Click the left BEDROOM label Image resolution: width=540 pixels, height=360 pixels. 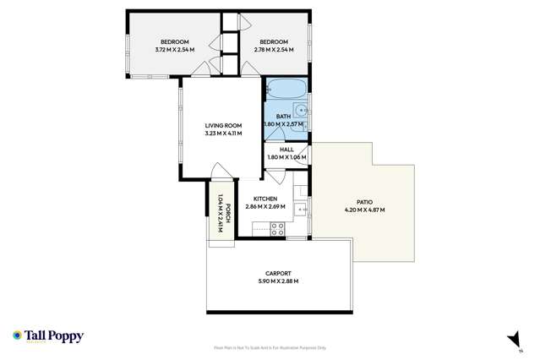[x=175, y=42]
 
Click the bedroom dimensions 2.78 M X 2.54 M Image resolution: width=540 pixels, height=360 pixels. [x=274, y=50]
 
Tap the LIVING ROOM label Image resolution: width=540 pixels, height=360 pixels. [x=223, y=125]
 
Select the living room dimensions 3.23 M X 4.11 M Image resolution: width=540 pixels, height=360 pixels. [x=223, y=134]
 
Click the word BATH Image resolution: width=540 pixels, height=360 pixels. [x=283, y=117]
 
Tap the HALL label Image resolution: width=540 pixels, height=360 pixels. [x=286, y=150]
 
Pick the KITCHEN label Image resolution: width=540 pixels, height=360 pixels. [x=265, y=199]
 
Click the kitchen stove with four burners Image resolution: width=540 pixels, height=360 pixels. [x=277, y=226]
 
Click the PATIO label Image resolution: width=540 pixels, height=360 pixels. [x=364, y=202]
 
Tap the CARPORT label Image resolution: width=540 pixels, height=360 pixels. [x=278, y=273]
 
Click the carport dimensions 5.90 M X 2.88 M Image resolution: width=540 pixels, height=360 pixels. [x=278, y=281]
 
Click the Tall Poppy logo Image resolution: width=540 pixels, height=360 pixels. [x=48, y=336]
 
